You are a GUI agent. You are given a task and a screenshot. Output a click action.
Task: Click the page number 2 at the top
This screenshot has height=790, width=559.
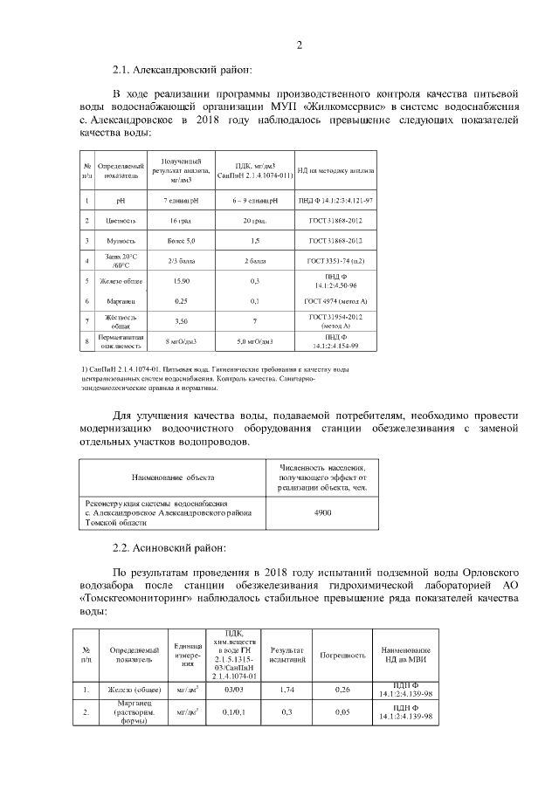298,45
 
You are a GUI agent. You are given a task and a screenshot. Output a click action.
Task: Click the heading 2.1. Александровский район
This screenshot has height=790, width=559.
182,69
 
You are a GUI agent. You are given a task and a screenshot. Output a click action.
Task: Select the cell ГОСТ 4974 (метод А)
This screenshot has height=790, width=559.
335,300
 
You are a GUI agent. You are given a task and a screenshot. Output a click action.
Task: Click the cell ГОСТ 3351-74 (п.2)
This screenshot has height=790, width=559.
335,260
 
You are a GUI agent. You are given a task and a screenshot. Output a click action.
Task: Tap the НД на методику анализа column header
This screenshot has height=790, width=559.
335,170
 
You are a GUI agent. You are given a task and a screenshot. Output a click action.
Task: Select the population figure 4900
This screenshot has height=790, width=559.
321,514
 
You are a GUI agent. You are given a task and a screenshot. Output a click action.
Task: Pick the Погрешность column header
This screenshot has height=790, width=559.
342,655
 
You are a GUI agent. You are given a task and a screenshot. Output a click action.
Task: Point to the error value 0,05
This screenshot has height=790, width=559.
342,712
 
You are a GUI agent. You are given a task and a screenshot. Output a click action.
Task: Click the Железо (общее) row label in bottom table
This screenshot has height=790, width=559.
134,690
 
